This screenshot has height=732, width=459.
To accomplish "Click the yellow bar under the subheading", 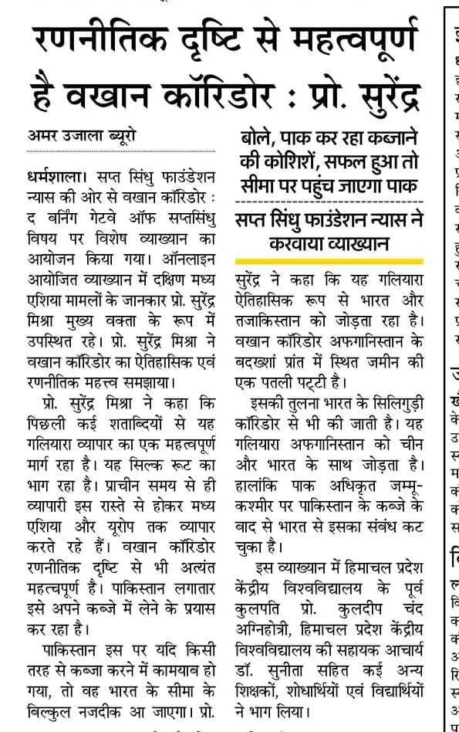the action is pyautogui.click(x=330, y=261).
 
